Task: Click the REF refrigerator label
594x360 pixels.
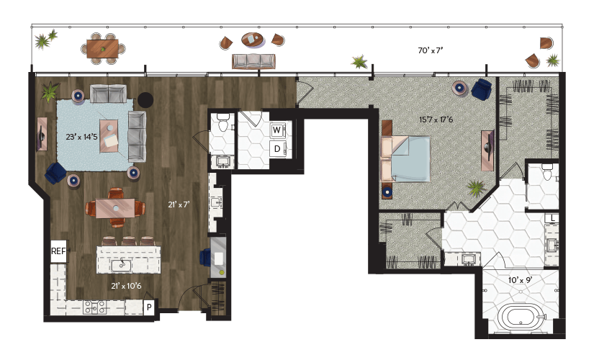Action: (x=58, y=251)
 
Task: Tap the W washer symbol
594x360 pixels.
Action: (x=277, y=130)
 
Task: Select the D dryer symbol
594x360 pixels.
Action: (x=277, y=149)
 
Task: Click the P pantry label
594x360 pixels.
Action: (x=149, y=307)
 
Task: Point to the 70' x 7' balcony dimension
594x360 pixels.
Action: (x=431, y=50)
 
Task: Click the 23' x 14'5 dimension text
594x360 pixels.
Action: (x=81, y=137)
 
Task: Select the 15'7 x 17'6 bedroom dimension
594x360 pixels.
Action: (x=436, y=120)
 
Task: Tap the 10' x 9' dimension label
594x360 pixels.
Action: (x=520, y=280)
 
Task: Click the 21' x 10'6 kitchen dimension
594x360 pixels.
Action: (x=126, y=286)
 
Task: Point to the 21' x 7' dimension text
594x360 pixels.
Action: (x=179, y=204)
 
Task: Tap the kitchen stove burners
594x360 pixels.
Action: (x=95, y=307)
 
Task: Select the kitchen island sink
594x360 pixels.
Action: (x=121, y=265)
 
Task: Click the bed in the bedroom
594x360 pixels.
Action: (x=406, y=159)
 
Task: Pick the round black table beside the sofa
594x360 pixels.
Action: (x=145, y=100)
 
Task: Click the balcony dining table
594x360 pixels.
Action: (x=103, y=48)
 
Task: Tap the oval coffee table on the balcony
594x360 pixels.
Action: (x=252, y=40)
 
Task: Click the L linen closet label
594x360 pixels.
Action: (x=553, y=218)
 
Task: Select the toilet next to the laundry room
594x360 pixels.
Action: (x=222, y=121)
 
